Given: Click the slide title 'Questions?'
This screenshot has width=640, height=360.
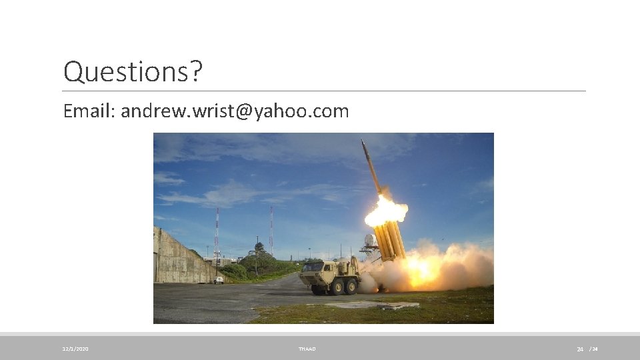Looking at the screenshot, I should tap(131, 72).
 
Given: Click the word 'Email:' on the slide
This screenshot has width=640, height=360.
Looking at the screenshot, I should tap(89, 111).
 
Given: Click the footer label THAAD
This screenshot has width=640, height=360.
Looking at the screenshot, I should tap(307, 349).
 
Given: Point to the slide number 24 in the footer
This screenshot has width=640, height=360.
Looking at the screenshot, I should tap(580, 349).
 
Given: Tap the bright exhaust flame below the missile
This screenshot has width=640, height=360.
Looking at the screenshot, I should tap(385, 211).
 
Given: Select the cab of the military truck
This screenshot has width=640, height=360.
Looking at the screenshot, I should tap(313, 270).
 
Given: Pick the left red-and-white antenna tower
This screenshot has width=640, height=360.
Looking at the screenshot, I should tap(217, 233).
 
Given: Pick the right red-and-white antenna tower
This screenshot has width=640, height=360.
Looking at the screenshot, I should tap(271, 230).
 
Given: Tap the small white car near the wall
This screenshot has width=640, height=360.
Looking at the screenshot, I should tap(219, 280).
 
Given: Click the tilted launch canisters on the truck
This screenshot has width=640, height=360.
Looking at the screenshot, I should tap(390, 240).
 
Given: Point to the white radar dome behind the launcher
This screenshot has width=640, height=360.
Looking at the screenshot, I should tap(370, 241).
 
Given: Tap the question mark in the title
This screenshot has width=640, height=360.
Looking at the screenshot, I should tap(194, 72).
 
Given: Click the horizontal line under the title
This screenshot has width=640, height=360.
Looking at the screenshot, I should tap(324, 91).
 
